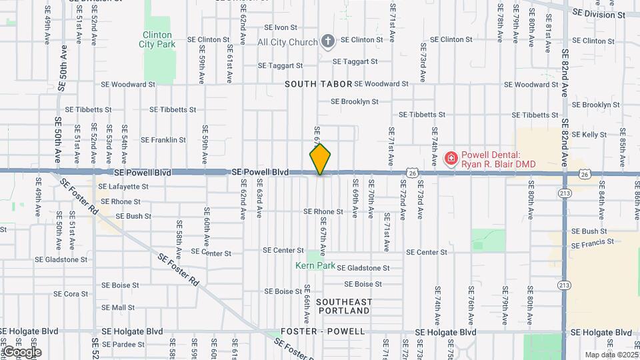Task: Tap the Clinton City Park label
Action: (x=156, y=39)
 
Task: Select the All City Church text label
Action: (x=288, y=42)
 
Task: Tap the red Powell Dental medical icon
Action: (x=451, y=159)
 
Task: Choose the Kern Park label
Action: (x=313, y=265)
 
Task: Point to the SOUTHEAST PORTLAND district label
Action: (x=344, y=307)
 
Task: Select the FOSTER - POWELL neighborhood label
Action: (x=323, y=331)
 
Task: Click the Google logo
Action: (x=22, y=352)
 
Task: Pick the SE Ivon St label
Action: (x=281, y=28)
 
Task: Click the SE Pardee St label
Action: (x=123, y=345)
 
